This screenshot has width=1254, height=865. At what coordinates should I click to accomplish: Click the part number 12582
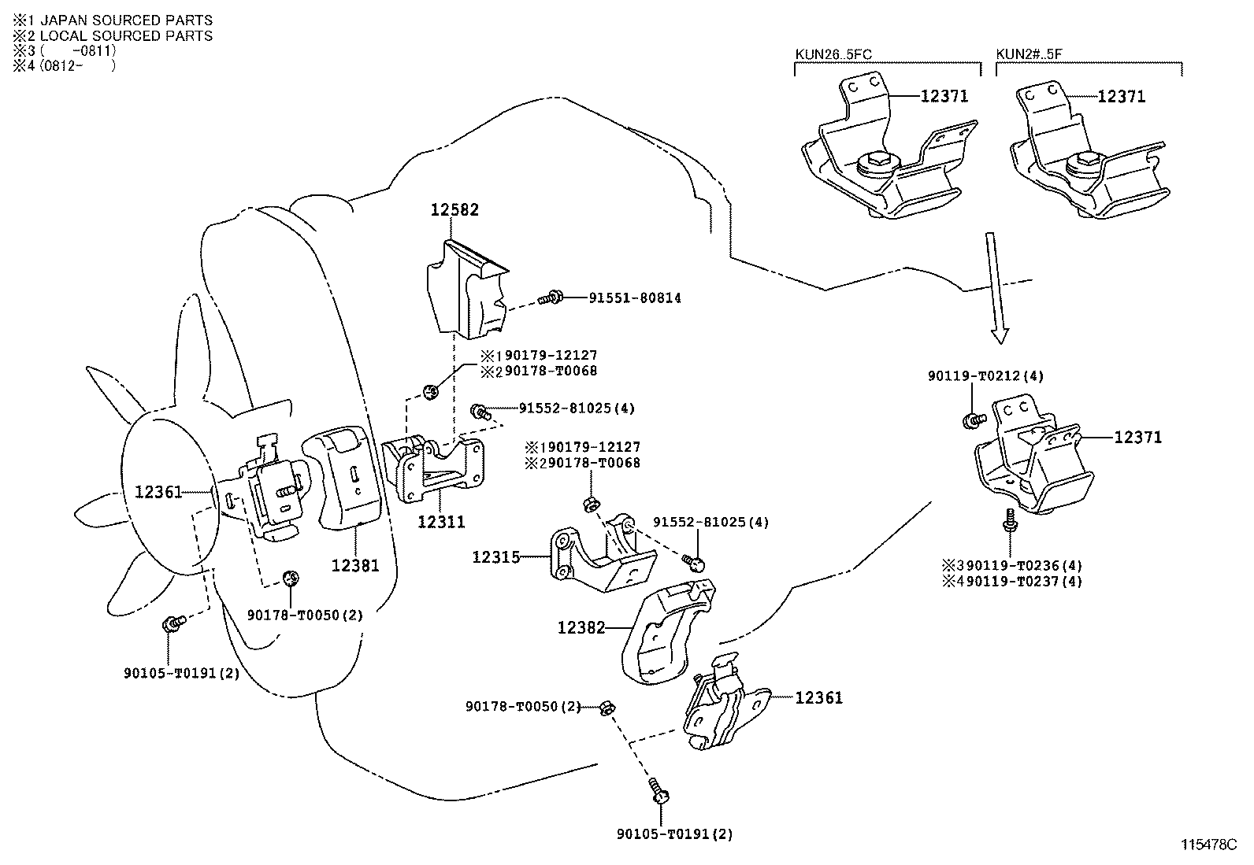(x=454, y=210)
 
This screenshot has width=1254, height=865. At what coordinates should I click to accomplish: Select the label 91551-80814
(x=635, y=298)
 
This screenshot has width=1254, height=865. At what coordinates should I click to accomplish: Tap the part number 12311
(x=441, y=521)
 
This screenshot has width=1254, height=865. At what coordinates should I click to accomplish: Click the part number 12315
(x=496, y=557)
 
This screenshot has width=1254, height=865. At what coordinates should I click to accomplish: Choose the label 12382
(x=581, y=627)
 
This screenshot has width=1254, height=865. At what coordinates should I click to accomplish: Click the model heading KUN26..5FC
(x=833, y=54)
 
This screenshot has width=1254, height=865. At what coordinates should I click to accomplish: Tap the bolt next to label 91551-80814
(x=551, y=298)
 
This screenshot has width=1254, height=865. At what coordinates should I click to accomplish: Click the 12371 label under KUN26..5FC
(x=944, y=97)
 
